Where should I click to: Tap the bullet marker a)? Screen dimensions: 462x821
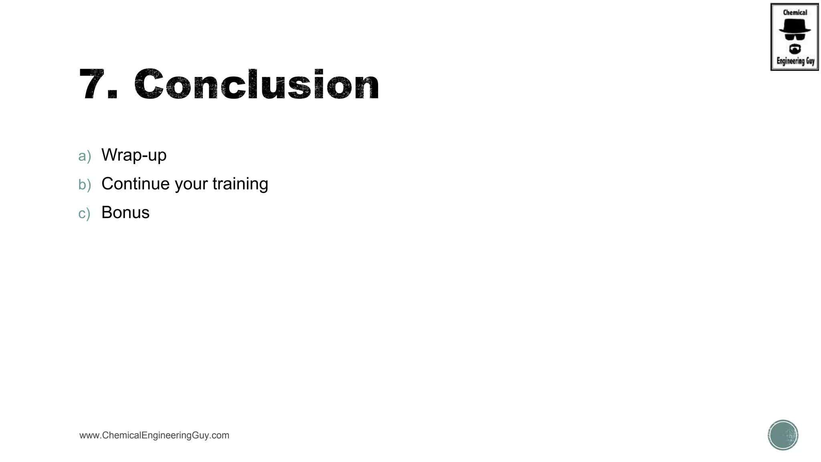pos(84,156)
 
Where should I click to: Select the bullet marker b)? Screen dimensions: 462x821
pos(85,184)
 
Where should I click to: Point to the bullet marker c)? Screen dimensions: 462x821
pos(84,213)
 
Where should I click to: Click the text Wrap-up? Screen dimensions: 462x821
pos(134,155)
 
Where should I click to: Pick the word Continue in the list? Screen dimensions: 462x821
pos(135,184)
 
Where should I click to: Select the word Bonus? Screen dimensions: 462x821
pos(125,213)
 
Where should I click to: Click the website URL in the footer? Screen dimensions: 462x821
pos(154,435)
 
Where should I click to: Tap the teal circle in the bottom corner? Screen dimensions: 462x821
pos(783,435)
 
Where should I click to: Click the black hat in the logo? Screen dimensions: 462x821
pos(795,26)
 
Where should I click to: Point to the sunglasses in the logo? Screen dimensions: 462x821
pos(795,36)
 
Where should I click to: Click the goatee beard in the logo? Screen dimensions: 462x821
pos(795,49)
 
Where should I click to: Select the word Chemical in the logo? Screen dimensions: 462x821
pos(795,12)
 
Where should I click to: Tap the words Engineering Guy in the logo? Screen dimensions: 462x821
pos(795,61)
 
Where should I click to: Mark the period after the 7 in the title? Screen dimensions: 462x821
pos(113,95)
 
